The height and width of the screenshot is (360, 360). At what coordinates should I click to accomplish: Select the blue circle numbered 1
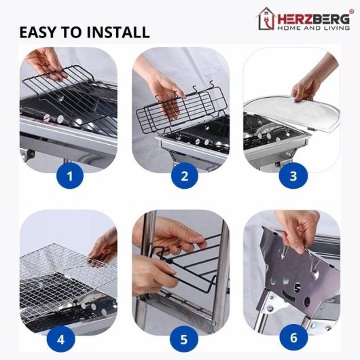tap(71, 177)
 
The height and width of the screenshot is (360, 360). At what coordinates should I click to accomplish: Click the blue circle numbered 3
tap(292, 177)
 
